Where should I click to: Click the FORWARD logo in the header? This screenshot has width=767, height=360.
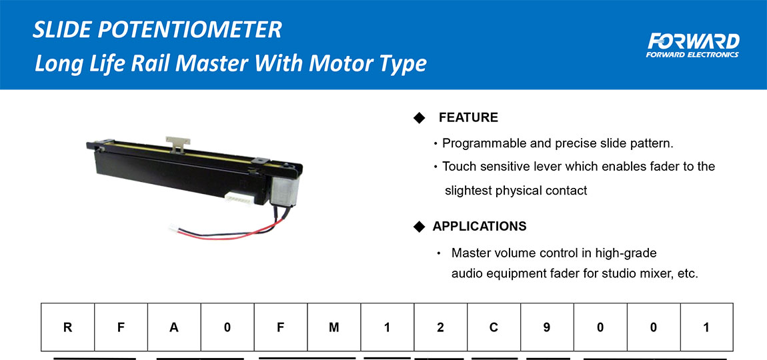692,44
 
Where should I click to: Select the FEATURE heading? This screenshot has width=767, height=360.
468,118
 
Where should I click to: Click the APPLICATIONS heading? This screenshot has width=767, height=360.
480,227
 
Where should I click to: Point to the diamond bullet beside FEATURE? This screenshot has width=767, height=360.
420,118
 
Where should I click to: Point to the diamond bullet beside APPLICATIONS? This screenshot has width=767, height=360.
420,227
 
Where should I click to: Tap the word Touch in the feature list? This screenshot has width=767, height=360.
459,167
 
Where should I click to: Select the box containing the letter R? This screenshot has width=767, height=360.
68,327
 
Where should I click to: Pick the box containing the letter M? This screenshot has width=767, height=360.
334,327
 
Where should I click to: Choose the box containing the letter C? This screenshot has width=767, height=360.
494,327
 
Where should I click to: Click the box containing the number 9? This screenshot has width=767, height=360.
547,327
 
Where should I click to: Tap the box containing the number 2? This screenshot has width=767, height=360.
440,327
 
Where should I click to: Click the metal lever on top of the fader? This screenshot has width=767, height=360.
177,142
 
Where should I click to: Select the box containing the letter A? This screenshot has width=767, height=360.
175,327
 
